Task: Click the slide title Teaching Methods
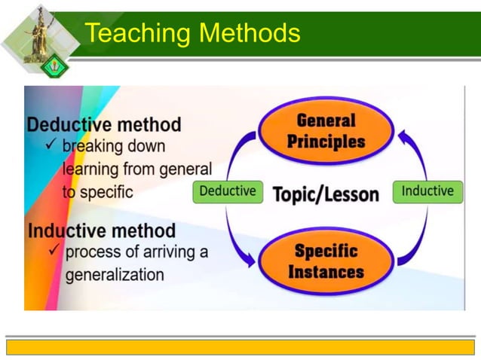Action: click(192, 32)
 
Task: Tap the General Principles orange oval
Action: click(326, 131)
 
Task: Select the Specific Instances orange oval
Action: click(325, 261)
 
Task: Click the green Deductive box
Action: click(228, 191)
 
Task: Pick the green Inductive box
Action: click(427, 191)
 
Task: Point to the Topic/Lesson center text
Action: click(326, 194)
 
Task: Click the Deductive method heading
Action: click(104, 124)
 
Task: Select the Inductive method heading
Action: click(101, 230)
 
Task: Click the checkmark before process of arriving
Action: click(54, 250)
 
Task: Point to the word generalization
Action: click(115, 274)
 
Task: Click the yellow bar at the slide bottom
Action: click(240, 346)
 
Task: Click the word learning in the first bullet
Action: click(91, 169)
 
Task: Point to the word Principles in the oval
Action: click(326, 141)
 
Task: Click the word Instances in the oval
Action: click(325, 270)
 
